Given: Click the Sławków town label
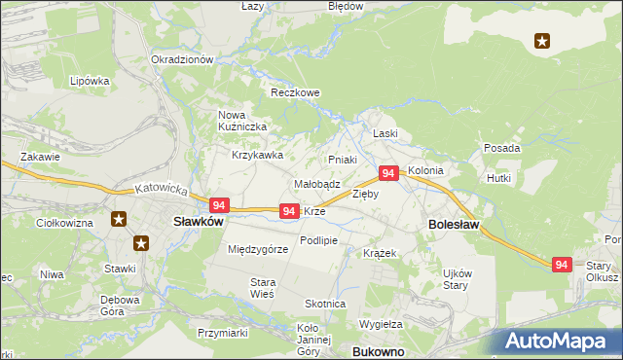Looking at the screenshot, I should (199, 221).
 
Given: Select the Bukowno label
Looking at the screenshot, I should (376, 350).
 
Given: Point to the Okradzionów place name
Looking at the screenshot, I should (182, 59).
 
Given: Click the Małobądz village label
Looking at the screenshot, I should (316, 184).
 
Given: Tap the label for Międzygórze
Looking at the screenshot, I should (258, 250).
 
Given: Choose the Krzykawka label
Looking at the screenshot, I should (257, 155).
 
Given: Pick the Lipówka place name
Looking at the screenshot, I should (89, 82).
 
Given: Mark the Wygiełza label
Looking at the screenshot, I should (381, 323).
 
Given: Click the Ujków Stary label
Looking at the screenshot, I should (457, 277).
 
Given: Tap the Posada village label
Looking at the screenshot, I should (501, 148).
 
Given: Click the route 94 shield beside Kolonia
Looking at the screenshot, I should (388, 173).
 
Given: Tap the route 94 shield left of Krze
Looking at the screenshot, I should (288, 211).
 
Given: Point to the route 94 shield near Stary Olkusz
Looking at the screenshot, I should (562, 264).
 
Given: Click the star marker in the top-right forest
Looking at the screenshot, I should (542, 41).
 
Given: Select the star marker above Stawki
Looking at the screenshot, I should (141, 243).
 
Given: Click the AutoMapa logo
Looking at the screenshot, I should (561, 341).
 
